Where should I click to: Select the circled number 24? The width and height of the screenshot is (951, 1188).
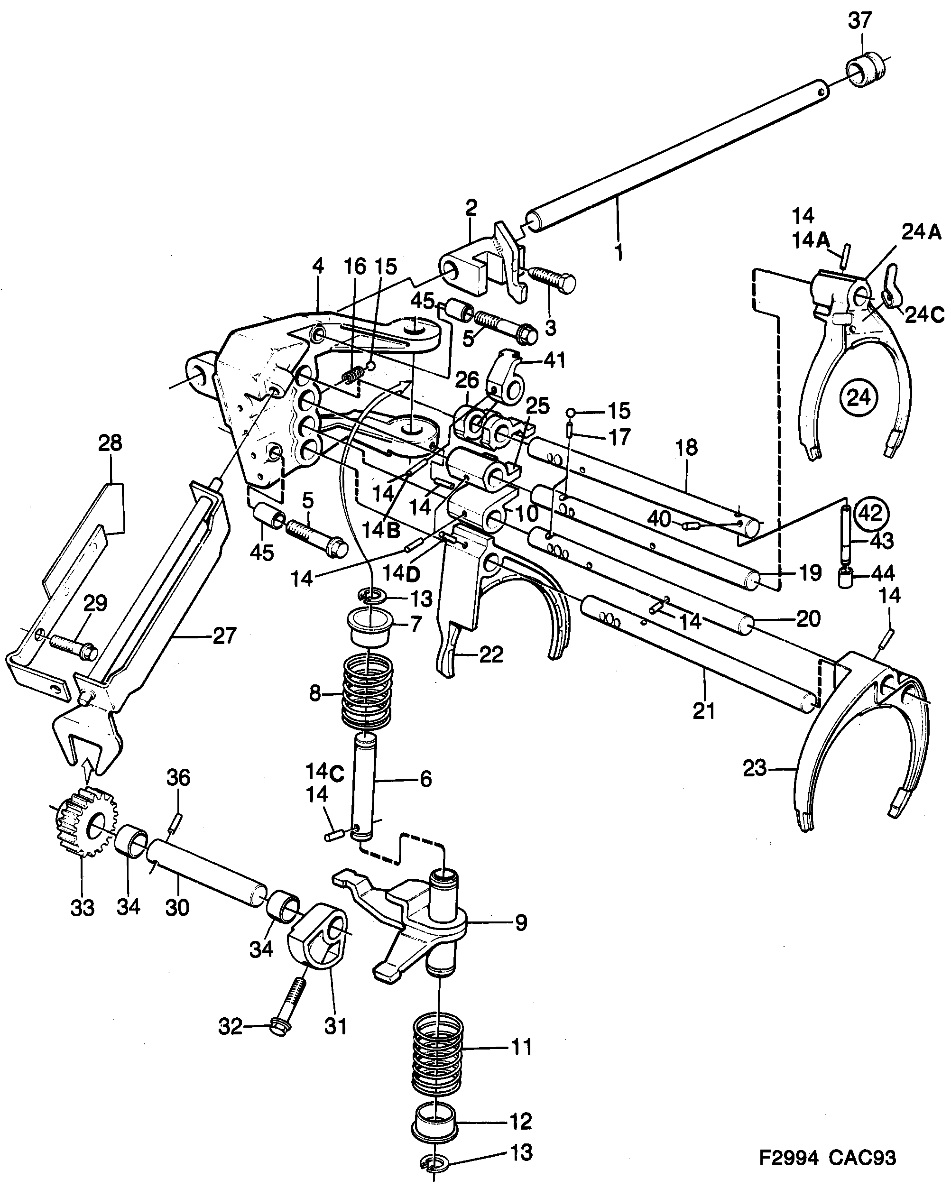(859, 397)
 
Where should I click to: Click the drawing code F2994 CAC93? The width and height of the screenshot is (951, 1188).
(827, 1157)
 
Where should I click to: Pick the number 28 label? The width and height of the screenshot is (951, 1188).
(110, 443)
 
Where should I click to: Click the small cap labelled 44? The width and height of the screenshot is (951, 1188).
(845, 579)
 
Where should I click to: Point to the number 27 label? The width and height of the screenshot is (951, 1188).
(224, 635)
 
